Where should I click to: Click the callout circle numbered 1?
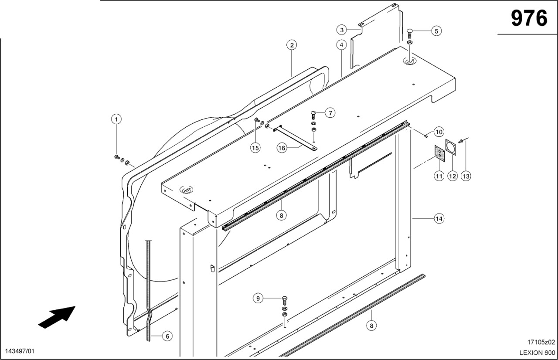116,119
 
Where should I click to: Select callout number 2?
292,45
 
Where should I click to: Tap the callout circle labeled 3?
341,30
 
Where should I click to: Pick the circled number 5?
436,31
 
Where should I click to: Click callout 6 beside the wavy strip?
167,336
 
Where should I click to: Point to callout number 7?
330,113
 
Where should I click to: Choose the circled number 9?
258,298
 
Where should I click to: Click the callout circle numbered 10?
439,132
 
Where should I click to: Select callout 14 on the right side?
439,219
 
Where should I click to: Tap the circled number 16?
282,148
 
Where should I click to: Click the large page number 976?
529,18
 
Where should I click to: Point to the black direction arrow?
57,317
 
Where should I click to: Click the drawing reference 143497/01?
20,351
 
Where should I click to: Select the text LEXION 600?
538,353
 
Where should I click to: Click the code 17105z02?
541,342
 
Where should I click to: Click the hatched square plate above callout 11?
439,152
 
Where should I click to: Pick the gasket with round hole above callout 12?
451,147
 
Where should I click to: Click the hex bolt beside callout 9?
285,301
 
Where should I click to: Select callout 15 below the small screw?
255,148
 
